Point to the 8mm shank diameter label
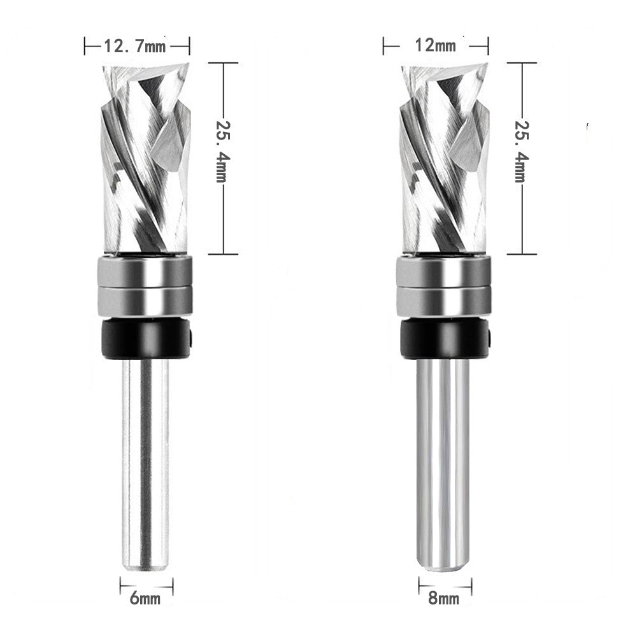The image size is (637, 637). pos(444,598)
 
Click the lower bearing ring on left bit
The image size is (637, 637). pos(145,301)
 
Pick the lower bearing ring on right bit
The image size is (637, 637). pos(444,301)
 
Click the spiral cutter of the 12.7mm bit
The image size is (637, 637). pos(145,159)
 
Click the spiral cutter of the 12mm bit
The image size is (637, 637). pos(444,159)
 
